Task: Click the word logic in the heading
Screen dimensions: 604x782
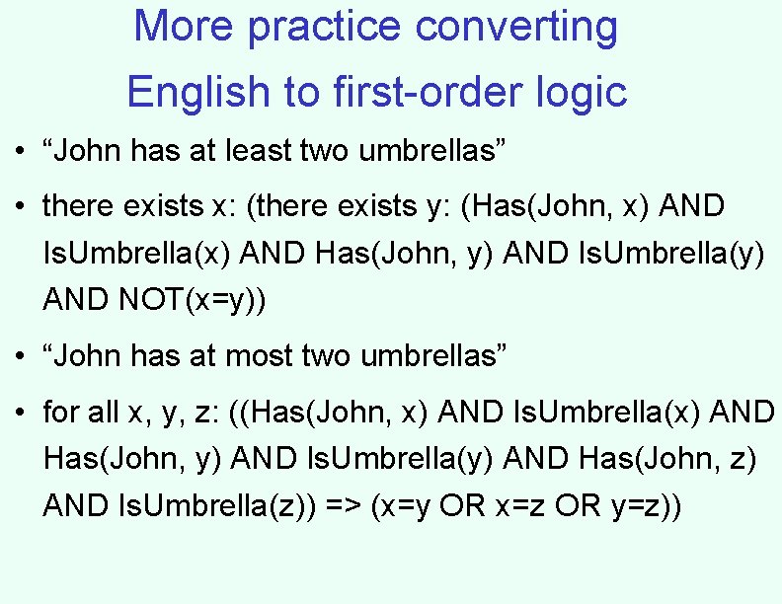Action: tap(584, 93)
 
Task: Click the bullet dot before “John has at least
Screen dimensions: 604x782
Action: tap(20, 152)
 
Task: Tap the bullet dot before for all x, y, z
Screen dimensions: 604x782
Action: tap(20, 413)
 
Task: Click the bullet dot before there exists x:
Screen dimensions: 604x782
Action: tap(20, 207)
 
